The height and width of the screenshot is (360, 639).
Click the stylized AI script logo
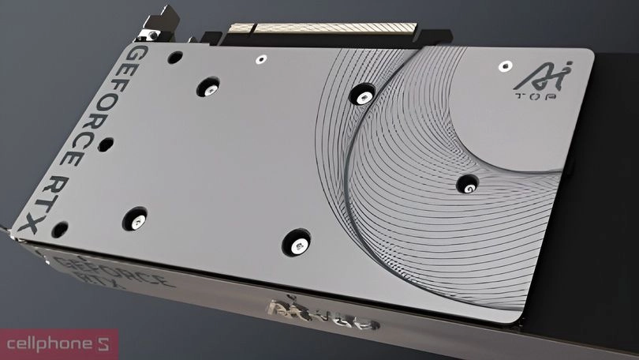(x=529, y=77)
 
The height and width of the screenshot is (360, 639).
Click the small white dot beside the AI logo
(x=503, y=66)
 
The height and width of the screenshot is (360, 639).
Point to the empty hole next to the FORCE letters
(x=107, y=145)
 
